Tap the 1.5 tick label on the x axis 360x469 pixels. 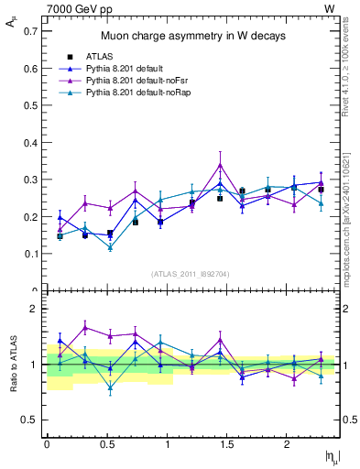(227, 444)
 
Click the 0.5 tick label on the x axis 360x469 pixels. (107, 444)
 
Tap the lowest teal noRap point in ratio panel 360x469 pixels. (110, 388)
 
